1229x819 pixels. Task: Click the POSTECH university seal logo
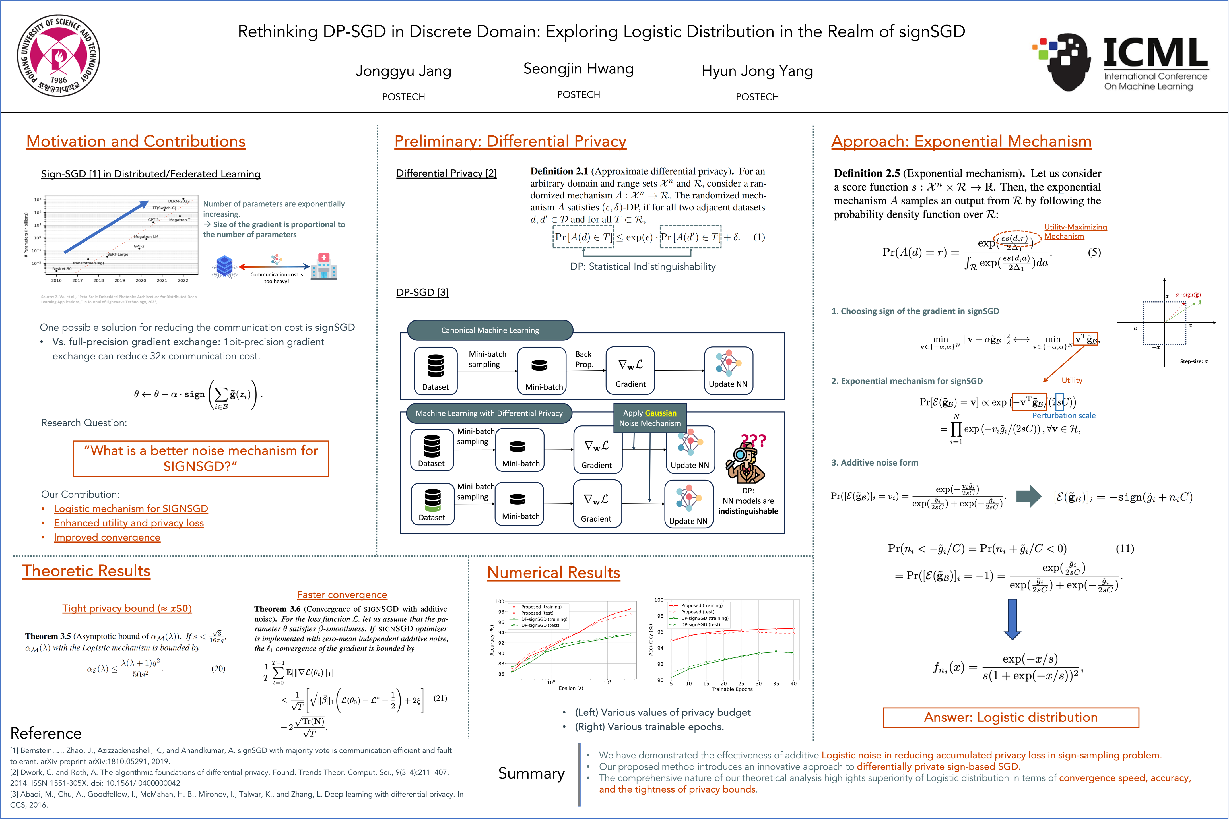59,55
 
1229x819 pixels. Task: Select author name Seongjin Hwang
578,69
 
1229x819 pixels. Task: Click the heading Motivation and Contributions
136,142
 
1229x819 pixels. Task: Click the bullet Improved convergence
107,537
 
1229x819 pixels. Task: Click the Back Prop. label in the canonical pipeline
584,359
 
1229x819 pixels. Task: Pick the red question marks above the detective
754,440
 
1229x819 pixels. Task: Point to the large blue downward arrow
1012,619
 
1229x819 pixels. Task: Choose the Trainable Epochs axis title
732,689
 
